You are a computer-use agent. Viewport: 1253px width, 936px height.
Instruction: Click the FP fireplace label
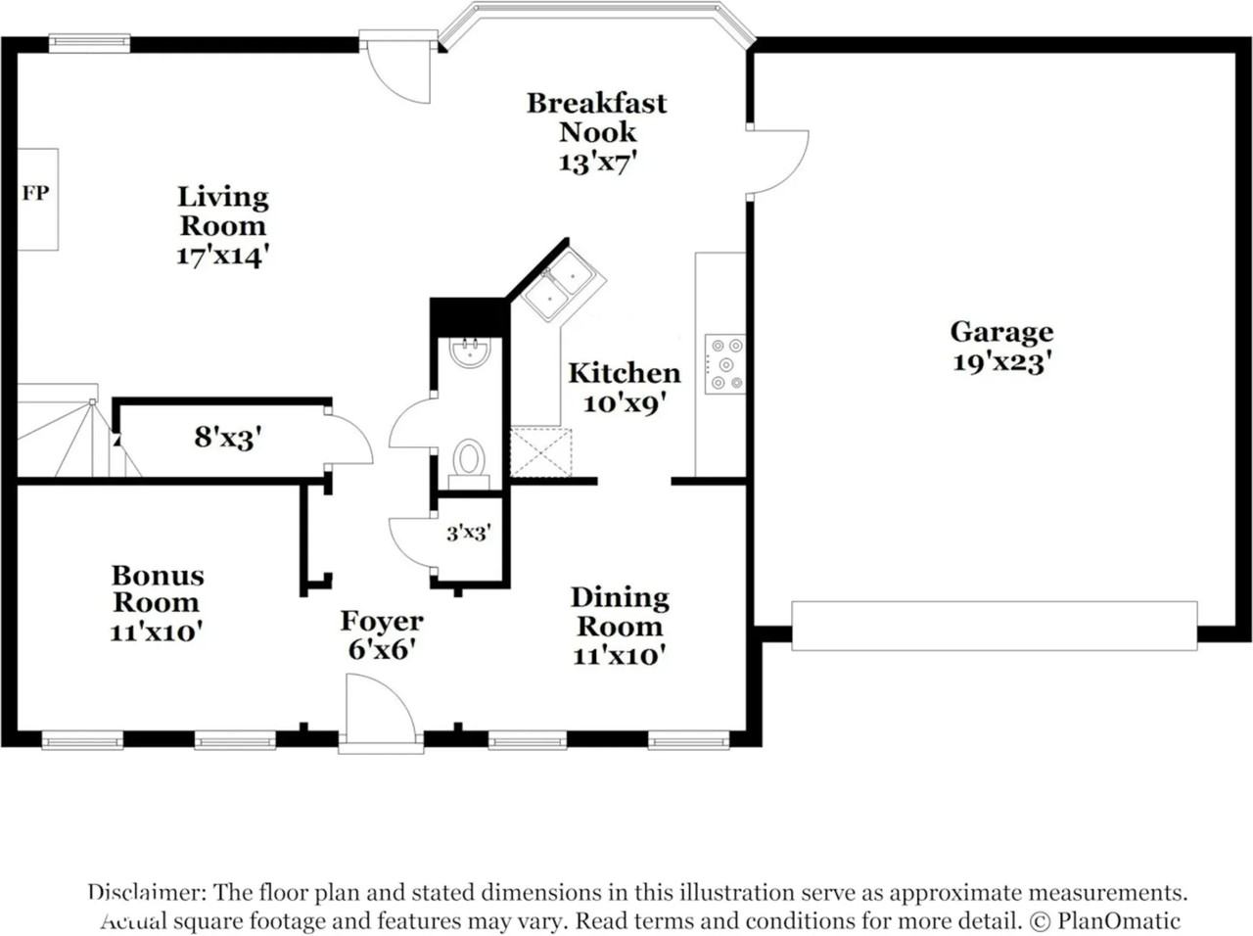pyautogui.click(x=35, y=194)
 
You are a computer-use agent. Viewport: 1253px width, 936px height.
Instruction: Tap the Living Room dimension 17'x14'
pyautogui.click(x=222, y=256)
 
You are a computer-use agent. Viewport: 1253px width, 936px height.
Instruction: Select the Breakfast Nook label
pyautogui.click(x=597, y=117)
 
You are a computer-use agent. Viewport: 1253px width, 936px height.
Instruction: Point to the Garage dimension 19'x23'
pyautogui.click(x=1001, y=362)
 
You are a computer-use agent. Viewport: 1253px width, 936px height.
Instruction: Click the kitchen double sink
pyautogui.click(x=564, y=285)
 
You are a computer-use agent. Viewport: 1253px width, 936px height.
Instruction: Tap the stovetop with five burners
pyautogui.click(x=725, y=364)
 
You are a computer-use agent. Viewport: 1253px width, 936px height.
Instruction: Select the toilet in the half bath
pyautogui.click(x=469, y=463)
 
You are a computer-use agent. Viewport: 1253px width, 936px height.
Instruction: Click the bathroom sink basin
pyautogui.click(x=470, y=352)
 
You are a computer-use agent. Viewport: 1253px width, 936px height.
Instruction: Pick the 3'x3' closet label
pyautogui.click(x=469, y=533)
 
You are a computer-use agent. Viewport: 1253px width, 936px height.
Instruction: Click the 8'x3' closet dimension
pyautogui.click(x=228, y=438)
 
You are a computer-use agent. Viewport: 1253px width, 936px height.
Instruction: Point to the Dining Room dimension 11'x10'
pyautogui.click(x=620, y=656)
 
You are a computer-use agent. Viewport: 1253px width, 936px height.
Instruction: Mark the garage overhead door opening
pyautogui.click(x=994, y=626)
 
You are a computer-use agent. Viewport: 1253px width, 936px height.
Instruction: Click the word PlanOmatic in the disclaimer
pyautogui.click(x=1118, y=920)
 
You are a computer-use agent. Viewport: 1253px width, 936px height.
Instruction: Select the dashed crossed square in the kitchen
pyautogui.click(x=540, y=452)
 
